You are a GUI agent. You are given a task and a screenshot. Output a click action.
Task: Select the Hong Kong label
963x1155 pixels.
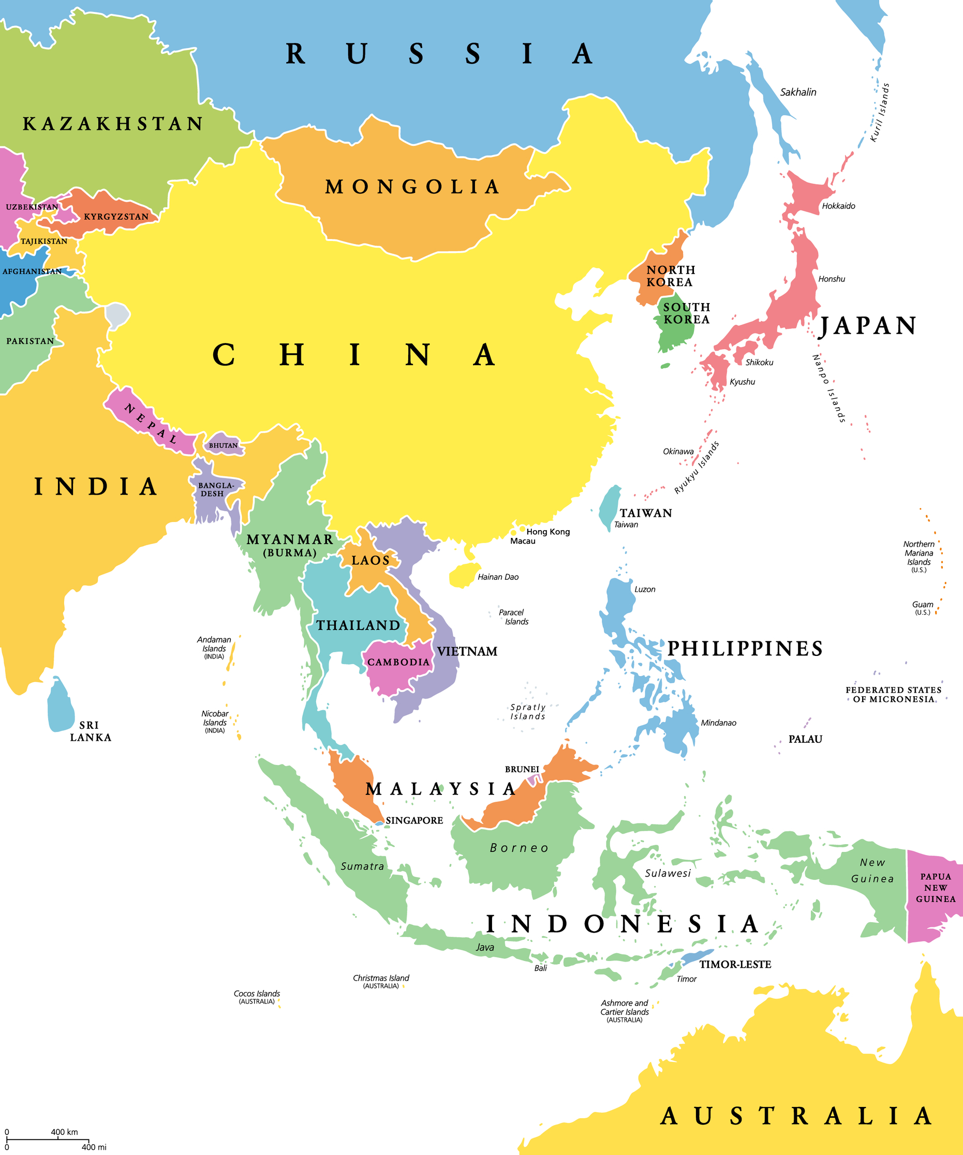tap(547, 532)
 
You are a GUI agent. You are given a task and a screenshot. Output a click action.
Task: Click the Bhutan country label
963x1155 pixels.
tap(223, 445)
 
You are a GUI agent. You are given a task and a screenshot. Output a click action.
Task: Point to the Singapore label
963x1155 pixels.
tap(414, 820)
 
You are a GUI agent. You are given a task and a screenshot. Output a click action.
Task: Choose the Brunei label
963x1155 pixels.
tap(522, 769)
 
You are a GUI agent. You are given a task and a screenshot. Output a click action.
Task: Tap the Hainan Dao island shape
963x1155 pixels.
tap(464, 575)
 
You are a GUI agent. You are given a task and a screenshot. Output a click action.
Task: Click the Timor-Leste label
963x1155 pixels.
tap(735, 964)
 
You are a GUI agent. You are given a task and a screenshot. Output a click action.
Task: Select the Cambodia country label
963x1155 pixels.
tap(398, 662)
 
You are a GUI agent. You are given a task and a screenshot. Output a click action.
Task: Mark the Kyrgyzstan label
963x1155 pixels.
tap(116, 217)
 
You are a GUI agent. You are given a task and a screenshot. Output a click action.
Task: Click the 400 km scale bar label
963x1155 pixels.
tap(64, 1132)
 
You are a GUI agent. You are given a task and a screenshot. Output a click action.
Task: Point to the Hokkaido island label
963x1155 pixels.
tap(838, 206)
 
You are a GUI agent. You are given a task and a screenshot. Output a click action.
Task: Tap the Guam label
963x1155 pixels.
tap(922, 605)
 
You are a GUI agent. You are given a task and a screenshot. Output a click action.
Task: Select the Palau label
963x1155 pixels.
tap(805, 739)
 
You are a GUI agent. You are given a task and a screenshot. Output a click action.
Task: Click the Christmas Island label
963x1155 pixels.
tap(381, 978)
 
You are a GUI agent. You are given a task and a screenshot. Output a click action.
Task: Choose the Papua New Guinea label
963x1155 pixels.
tap(936, 888)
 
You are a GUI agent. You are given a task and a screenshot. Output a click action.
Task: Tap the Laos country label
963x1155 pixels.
tap(371, 561)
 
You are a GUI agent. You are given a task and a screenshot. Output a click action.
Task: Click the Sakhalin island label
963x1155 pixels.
tap(798, 93)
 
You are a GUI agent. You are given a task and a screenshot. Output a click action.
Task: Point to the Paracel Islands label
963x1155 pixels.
tap(513, 617)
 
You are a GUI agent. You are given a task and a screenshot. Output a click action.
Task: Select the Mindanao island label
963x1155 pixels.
tap(718, 723)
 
